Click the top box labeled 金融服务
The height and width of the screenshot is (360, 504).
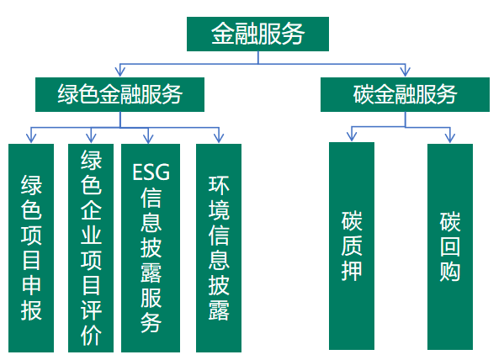257,34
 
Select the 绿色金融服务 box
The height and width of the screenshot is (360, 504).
119,94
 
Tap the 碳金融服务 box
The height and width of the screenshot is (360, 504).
405,94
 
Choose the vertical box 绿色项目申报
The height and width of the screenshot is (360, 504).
31,248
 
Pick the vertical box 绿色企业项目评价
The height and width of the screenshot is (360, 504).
91,248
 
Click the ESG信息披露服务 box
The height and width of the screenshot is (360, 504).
151,248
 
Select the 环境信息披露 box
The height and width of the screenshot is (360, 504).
219,248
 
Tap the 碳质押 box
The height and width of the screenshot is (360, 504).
352,246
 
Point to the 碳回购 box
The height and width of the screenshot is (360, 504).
450,246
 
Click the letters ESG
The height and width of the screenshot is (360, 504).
151,172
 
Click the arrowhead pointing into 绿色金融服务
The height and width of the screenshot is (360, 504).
119,71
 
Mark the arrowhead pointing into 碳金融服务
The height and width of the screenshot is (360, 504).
405,71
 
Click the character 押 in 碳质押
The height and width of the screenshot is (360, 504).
352,271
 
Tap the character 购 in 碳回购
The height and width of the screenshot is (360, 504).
450,272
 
